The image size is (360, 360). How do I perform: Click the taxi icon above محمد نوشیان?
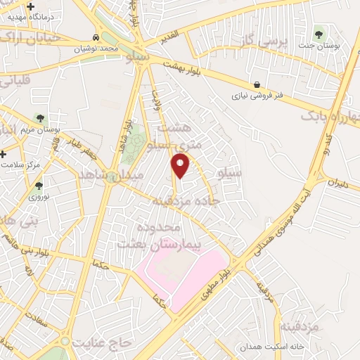[x=96, y=37]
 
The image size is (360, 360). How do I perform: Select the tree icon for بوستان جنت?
[x=320, y=32]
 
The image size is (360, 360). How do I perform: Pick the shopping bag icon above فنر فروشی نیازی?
[x=258, y=84]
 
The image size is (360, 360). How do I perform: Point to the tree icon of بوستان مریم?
[x=38, y=118]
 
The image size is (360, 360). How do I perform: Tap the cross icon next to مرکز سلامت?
[x=4, y=153]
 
